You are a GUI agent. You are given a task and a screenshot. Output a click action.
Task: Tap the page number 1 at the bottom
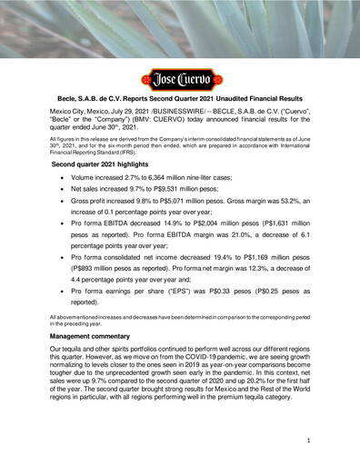(308, 439)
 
